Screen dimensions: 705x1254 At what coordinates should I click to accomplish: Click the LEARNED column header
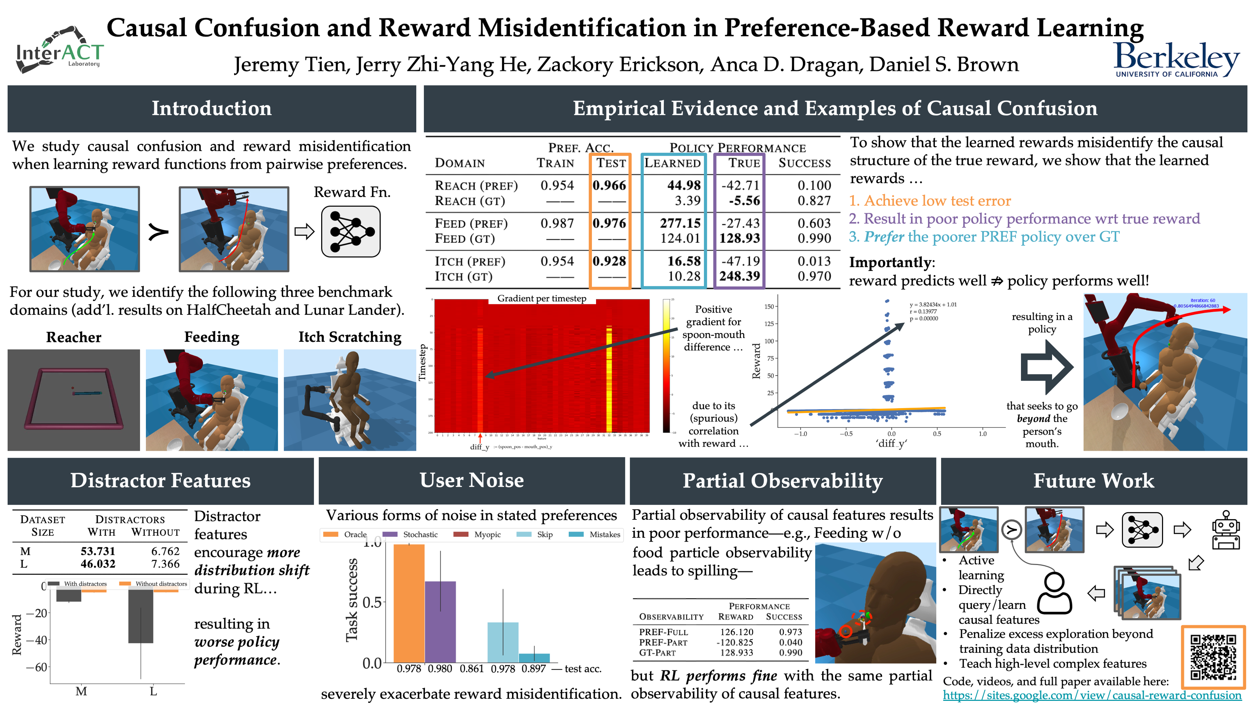(672, 163)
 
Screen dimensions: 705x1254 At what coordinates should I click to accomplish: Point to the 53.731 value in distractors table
(98, 551)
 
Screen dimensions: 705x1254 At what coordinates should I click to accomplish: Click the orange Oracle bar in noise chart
(409, 603)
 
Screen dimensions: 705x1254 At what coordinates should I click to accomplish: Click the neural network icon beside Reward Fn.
(350, 232)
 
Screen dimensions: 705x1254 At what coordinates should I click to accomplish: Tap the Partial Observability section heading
(782, 481)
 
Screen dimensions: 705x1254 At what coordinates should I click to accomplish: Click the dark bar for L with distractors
(141, 616)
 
